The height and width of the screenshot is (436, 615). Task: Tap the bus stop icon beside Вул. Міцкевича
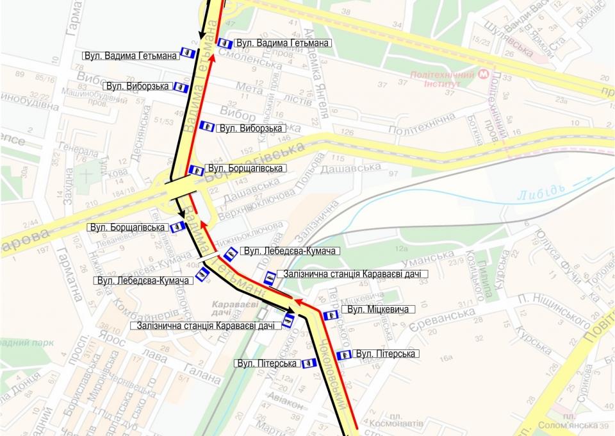pos(331,315)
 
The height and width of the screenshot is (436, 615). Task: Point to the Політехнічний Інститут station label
pos(441,79)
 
